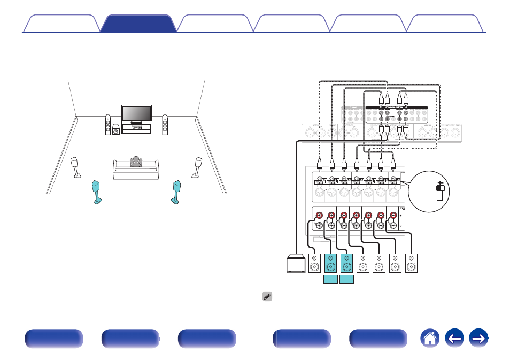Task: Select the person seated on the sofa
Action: tap(136, 162)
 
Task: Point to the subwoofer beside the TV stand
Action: tap(116, 129)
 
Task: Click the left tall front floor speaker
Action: tap(107, 125)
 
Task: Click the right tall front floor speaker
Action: tap(165, 125)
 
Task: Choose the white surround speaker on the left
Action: tap(76, 166)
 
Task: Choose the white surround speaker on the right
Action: tap(197, 166)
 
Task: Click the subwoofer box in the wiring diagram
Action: tap(296, 264)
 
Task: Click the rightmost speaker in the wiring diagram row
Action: tap(411, 264)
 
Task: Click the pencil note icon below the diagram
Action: tap(267, 296)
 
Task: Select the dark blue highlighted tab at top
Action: tap(138, 24)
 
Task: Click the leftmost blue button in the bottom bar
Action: tap(53, 339)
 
